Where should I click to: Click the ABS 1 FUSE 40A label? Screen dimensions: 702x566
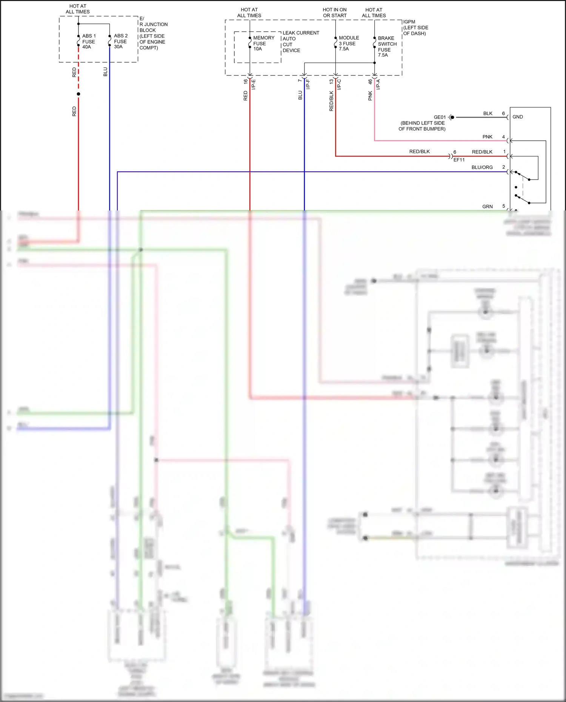point(89,41)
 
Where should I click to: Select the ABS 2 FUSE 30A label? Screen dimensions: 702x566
point(120,41)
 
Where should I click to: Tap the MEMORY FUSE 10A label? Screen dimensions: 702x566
point(263,43)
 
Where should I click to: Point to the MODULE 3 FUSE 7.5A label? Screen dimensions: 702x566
point(348,43)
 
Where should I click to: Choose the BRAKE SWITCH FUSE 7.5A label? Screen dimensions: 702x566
point(387,46)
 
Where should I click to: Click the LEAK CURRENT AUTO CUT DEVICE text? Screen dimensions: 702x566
point(300,41)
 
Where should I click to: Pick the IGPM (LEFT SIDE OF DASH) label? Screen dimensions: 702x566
point(415,28)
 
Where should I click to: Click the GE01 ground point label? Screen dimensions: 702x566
point(440,117)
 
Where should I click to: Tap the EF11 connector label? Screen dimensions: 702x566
point(459,160)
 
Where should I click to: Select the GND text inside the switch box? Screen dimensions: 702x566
point(517,117)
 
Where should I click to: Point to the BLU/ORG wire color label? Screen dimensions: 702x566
point(482,167)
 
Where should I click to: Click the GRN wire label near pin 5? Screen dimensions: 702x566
point(487,207)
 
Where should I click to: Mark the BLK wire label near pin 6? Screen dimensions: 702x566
point(488,114)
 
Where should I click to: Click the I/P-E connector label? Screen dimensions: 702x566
point(254,84)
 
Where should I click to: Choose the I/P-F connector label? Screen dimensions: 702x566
point(308,84)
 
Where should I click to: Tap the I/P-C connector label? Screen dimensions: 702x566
point(339,84)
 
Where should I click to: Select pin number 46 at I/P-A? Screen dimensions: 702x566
point(370,81)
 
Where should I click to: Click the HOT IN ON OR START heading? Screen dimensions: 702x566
point(335,12)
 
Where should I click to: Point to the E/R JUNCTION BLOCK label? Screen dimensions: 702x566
point(153,33)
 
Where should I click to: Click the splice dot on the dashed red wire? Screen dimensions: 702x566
point(78,94)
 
